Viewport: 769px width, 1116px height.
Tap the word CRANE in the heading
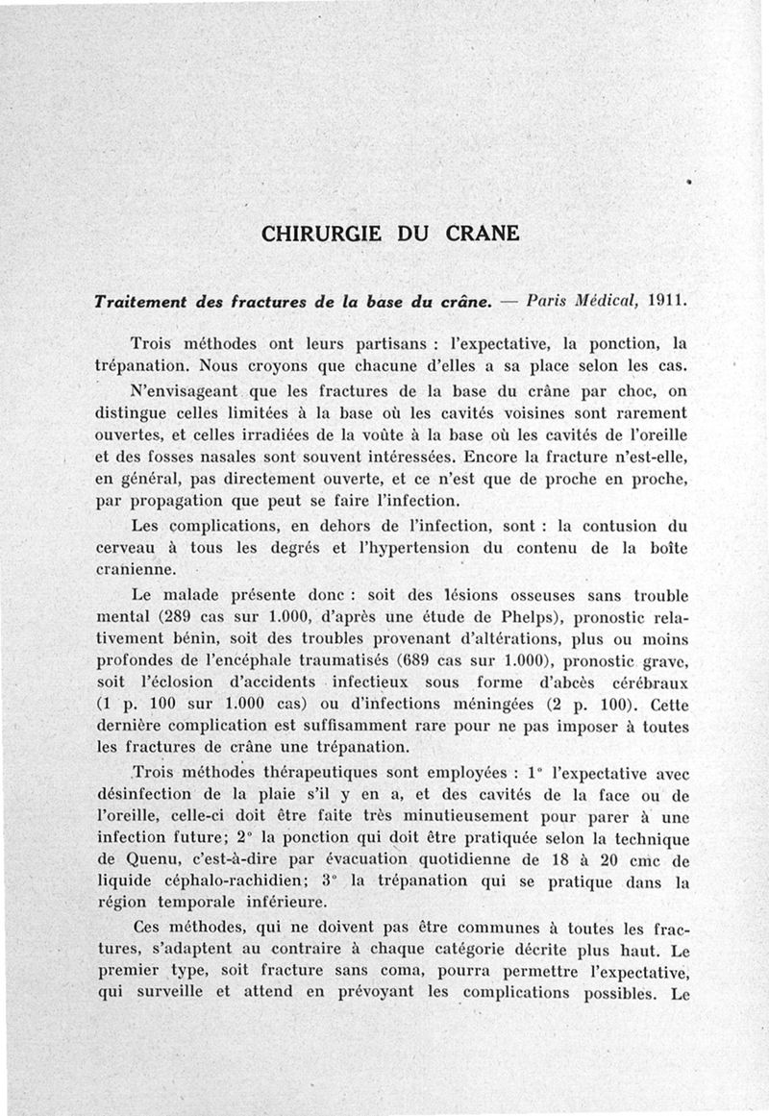[x=484, y=234]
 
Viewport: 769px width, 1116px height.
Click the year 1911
[x=667, y=299]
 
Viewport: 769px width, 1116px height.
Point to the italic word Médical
[x=602, y=299]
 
